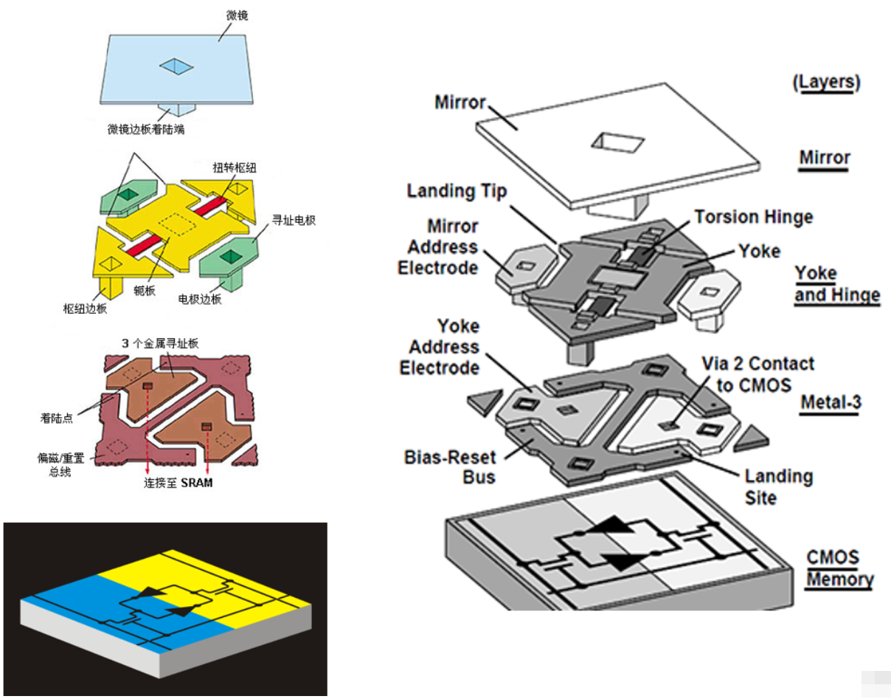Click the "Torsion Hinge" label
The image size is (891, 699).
(752, 217)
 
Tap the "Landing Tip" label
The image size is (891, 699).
(457, 191)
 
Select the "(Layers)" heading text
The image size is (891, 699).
(826, 83)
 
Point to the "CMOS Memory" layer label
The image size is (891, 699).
(839, 568)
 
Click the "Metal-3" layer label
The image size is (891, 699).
(831, 403)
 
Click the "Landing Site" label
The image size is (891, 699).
(778, 486)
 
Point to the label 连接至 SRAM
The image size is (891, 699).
(177, 485)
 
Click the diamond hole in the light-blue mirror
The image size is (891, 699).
(178, 67)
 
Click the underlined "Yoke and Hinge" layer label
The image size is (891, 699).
(836, 284)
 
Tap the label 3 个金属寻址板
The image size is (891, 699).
(160, 343)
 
